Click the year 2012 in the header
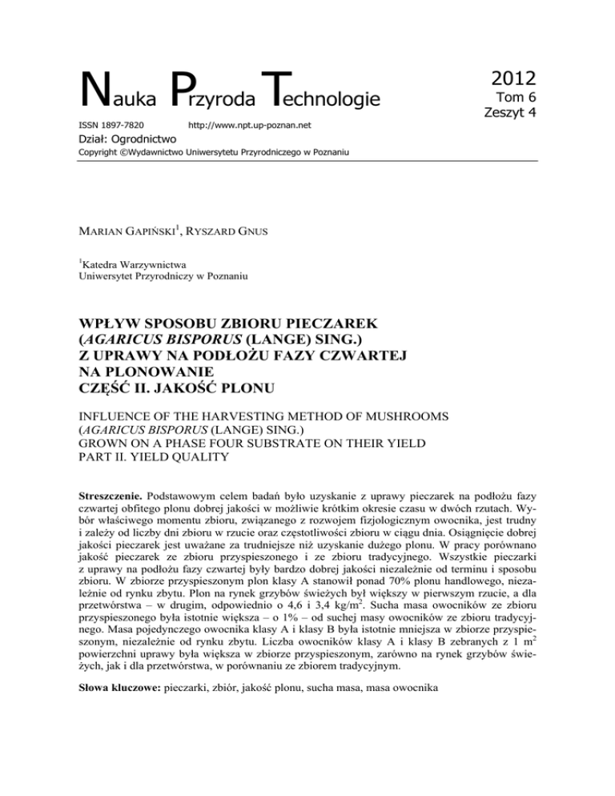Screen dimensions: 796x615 pyautogui.click(x=502, y=78)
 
